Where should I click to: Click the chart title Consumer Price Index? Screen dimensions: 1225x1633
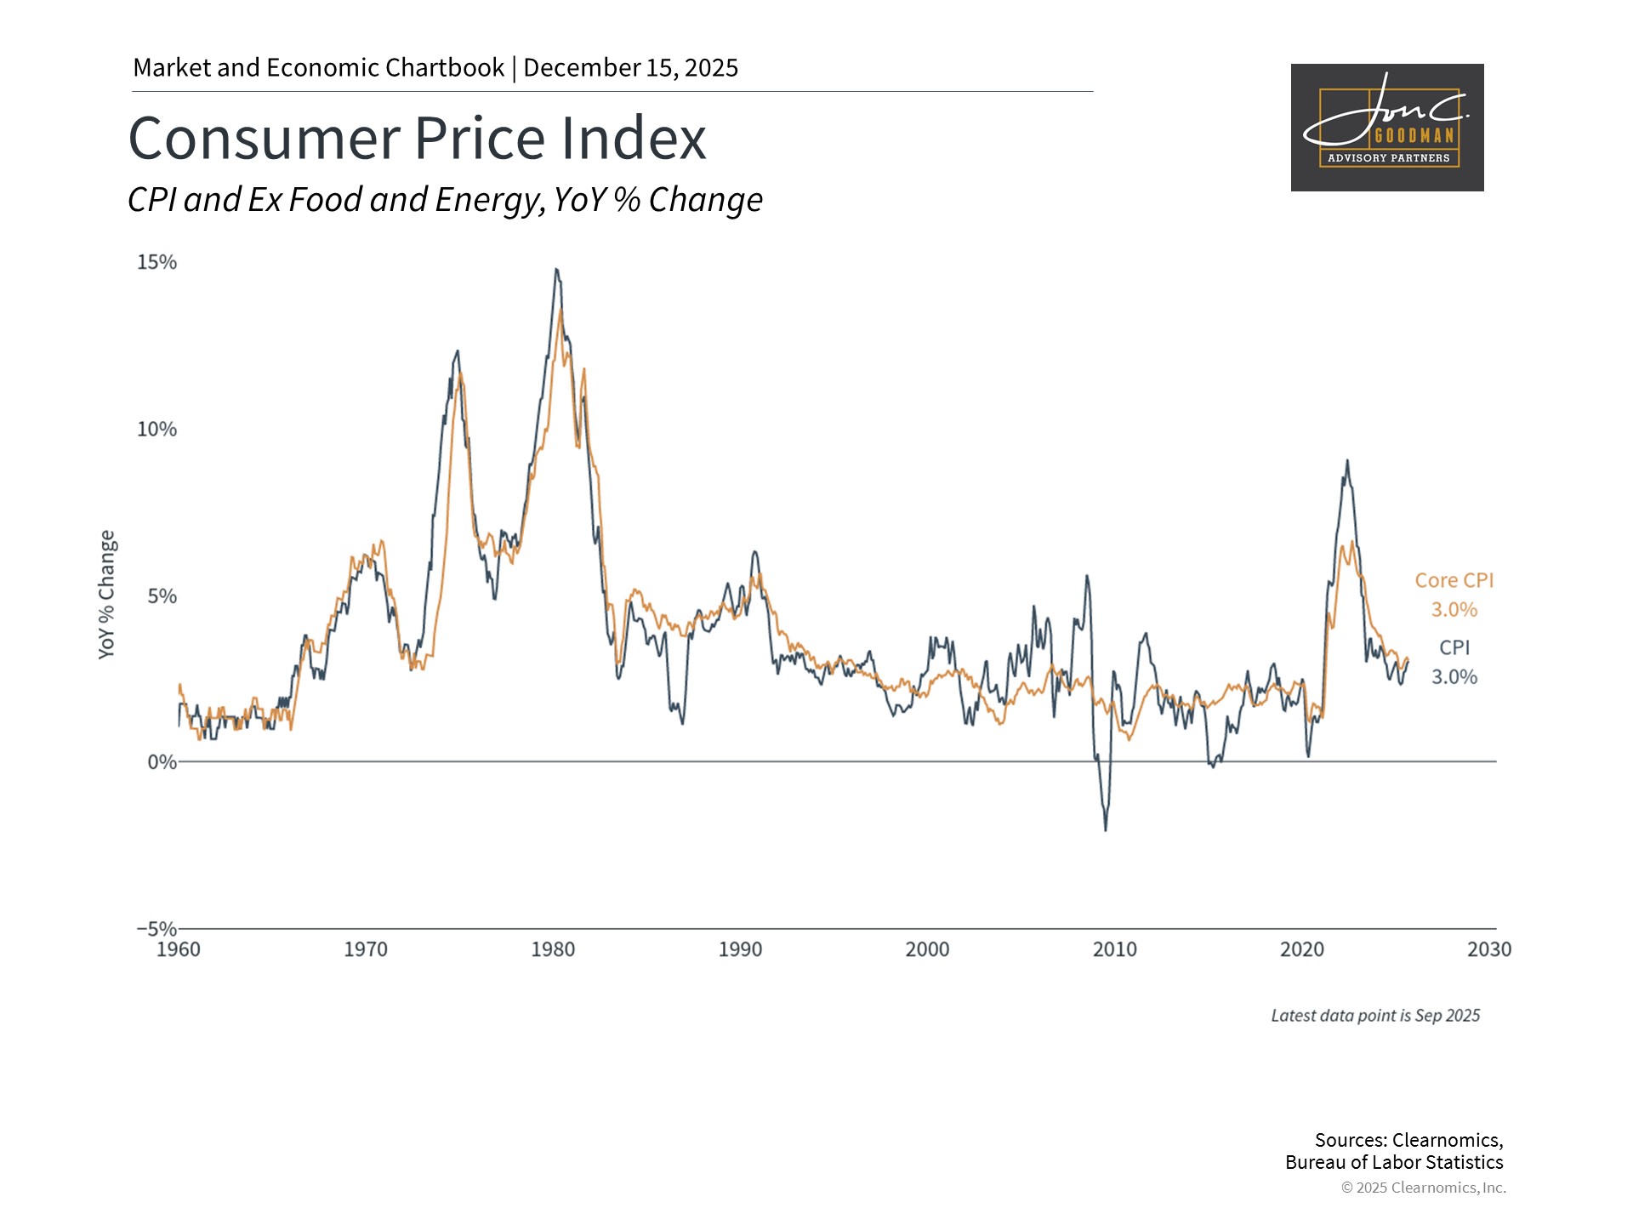click(x=417, y=138)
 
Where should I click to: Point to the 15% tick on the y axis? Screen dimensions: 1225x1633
click(x=157, y=262)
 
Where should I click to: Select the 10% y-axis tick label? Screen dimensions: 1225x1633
click(x=157, y=429)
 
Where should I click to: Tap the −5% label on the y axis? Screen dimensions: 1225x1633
click(x=157, y=928)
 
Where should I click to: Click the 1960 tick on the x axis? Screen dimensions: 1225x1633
click(x=179, y=949)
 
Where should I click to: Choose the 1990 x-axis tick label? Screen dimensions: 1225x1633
click(x=740, y=949)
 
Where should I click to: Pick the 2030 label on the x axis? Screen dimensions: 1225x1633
click(x=1489, y=949)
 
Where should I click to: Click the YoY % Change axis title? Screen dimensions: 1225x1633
click(x=106, y=594)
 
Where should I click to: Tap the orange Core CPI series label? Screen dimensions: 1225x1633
click(x=1454, y=580)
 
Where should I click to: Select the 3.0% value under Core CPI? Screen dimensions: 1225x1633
click(x=1454, y=610)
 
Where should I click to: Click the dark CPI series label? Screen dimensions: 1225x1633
click(x=1454, y=647)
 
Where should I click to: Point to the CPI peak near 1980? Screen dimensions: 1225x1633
click(x=556, y=270)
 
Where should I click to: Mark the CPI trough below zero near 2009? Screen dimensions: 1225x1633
click(x=1106, y=829)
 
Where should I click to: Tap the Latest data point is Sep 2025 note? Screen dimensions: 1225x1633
click(x=1375, y=1016)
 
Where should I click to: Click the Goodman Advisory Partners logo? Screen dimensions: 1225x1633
click(x=1387, y=128)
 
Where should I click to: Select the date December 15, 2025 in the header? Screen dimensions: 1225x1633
click(x=630, y=68)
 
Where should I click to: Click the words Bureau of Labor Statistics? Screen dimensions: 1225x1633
click(x=1394, y=1163)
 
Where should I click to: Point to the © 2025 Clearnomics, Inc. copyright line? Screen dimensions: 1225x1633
click(x=1423, y=1188)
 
